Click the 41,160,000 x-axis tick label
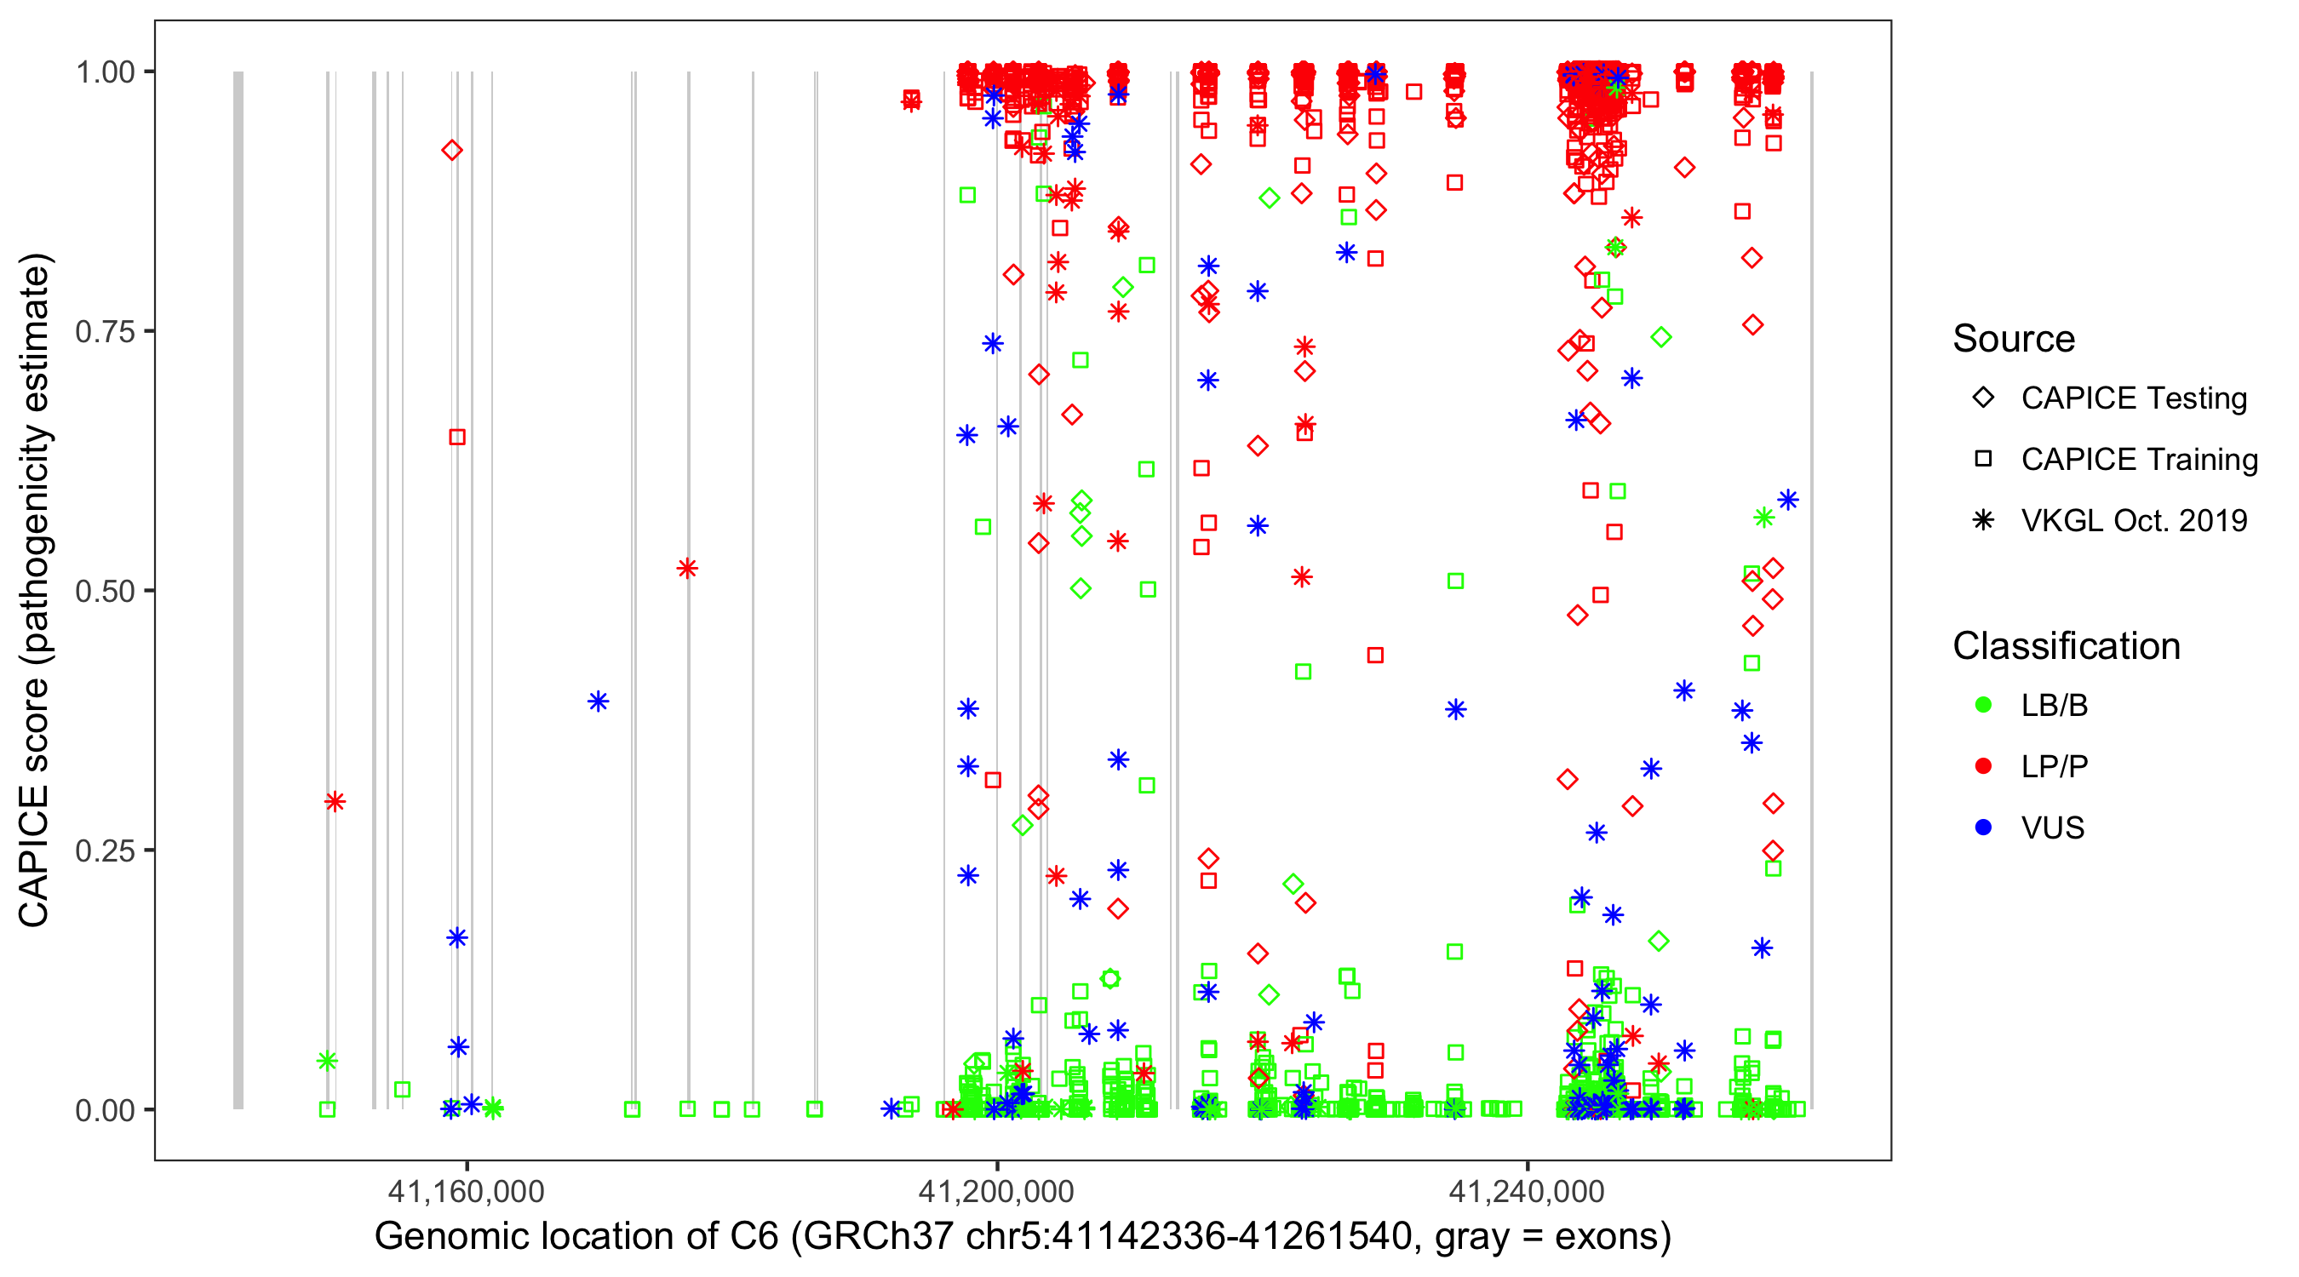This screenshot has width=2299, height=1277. tap(465, 1191)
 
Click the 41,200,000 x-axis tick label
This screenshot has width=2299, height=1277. tap(996, 1191)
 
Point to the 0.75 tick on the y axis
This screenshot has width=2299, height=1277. tap(105, 332)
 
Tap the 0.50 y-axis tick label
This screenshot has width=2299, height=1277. tap(105, 592)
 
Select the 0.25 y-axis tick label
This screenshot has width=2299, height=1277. tap(105, 850)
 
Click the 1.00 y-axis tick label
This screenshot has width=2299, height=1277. tap(105, 72)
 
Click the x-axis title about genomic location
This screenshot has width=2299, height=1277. tap(1022, 1237)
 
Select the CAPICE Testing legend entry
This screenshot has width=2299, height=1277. tap(2133, 398)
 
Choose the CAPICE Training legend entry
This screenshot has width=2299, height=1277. tap(2138, 460)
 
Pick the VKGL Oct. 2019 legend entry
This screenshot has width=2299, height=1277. tap(2133, 521)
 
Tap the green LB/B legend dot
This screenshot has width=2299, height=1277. tap(1983, 706)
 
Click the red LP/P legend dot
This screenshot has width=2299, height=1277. tap(1983, 766)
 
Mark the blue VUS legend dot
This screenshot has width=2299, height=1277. tap(1983, 828)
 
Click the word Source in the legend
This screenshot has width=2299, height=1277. tap(2014, 339)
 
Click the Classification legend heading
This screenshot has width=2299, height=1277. tap(2066, 646)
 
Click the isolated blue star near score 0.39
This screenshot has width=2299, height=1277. tap(598, 701)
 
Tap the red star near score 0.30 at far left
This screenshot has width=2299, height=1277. tap(335, 801)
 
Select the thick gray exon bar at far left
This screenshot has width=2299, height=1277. tap(238, 589)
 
